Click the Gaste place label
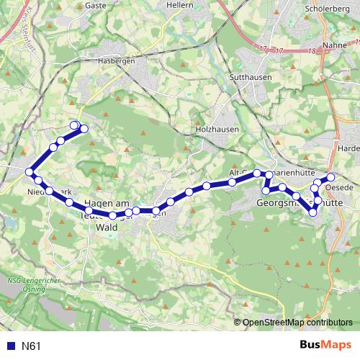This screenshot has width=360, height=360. pos(96,5)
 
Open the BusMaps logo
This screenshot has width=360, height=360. pos(324,346)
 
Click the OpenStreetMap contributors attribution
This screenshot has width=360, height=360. pos(297,323)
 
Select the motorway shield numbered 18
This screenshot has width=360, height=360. pos(312,52)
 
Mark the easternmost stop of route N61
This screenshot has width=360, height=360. pos(331,177)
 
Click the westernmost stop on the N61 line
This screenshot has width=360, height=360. pos(30,172)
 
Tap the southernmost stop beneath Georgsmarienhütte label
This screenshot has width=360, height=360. pos(312,212)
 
